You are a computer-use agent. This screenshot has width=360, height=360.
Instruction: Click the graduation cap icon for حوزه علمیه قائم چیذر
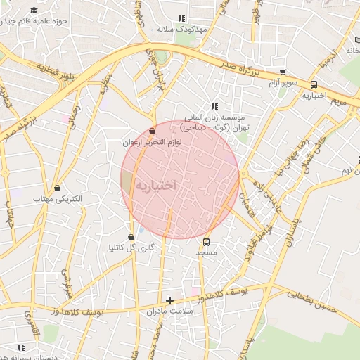34,11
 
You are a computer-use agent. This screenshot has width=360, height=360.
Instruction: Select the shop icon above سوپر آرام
283,72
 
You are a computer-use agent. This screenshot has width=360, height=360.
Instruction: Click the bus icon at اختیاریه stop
314,85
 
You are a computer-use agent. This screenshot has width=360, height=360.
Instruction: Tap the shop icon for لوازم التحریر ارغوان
153,130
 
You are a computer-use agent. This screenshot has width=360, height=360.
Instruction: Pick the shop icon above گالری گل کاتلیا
131,236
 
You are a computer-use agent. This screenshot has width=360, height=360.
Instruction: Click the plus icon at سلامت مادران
169,300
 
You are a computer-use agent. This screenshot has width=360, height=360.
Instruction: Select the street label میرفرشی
68,280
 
